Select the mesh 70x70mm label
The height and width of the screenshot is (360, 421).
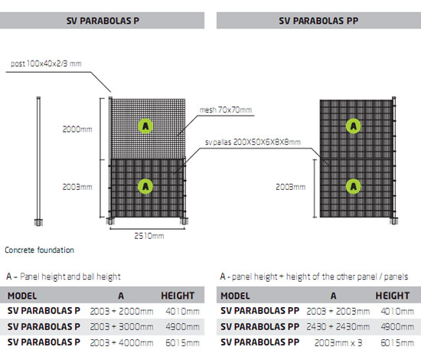coord(227,110)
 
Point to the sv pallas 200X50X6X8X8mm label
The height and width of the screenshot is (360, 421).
coord(253,142)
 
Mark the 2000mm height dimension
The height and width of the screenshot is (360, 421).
coord(77,129)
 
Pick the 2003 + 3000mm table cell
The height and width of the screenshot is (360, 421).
coord(121,325)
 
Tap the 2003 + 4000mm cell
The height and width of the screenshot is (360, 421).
coord(121,339)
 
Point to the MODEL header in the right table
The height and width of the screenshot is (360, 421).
coord(235,295)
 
